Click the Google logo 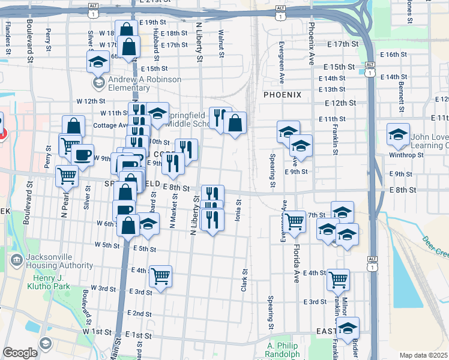(x=20, y=353)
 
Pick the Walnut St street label (x=221, y=44)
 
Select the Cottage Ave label (x=111, y=125)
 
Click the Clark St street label (x=244, y=280)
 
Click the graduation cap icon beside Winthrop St (x=398, y=136)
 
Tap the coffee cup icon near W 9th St (x=82, y=154)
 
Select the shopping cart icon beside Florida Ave (x=295, y=221)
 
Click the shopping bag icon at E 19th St (x=126, y=30)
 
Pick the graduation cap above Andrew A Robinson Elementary (x=97, y=62)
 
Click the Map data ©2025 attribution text (x=423, y=355)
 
